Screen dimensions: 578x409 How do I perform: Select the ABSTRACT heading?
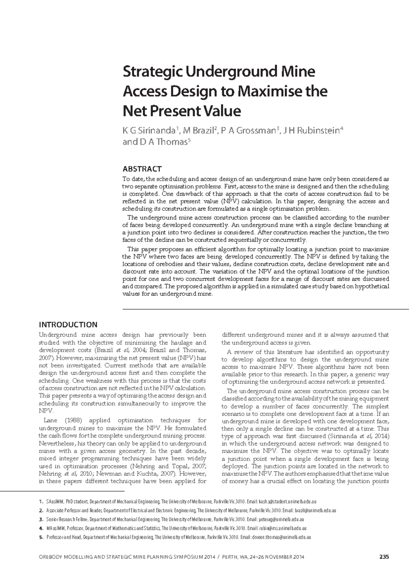coord(142,169)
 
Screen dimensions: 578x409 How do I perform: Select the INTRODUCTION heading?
coord(68,324)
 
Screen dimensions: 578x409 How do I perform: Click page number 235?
coord(384,557)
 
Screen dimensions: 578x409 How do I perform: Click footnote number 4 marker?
coord(41,528)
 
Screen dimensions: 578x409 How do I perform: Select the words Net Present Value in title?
coord(181,111)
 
